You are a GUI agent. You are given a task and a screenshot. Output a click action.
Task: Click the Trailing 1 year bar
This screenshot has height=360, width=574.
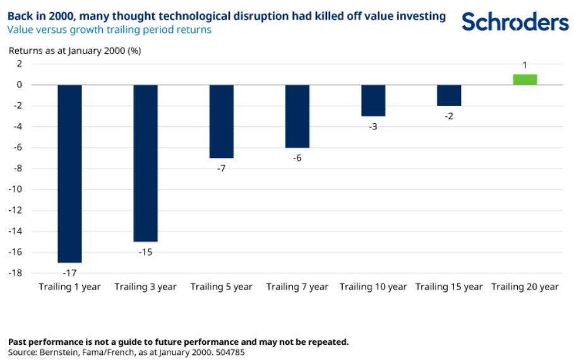click(69, 174)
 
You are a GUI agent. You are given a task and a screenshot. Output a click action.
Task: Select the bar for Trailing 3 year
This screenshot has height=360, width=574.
click(145, 163)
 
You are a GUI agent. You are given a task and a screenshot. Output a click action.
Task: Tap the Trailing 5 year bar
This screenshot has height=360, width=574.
click(222, 121)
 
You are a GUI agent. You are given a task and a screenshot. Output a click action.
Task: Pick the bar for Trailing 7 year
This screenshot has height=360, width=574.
click(297, 116)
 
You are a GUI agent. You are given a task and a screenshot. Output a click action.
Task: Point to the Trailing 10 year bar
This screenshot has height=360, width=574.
click(373, 100)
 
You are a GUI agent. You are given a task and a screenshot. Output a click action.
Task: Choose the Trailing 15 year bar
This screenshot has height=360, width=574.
click(449, 95)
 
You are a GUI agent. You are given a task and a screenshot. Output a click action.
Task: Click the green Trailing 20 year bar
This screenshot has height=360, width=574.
click(525, 80)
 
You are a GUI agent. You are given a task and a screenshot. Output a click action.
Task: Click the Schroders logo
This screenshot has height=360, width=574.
click(515, 22)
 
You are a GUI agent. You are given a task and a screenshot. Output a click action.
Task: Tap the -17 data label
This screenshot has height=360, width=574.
click(69, 272)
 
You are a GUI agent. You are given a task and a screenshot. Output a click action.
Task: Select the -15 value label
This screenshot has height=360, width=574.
click(145, 251)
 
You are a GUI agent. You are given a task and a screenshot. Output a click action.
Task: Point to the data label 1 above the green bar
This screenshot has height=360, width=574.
click(525, 65)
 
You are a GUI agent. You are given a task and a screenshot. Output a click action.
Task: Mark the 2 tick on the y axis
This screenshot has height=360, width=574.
click(20, 64)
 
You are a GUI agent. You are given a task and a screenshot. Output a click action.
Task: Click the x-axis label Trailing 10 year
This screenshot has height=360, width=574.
click(373, 287)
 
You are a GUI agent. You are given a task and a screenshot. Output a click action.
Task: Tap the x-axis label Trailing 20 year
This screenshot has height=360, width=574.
click(525, 287)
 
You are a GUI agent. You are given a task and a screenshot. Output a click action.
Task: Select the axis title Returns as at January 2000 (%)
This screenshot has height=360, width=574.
click(74, 50)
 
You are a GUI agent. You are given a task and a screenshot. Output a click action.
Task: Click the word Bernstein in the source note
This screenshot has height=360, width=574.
click(61, 352)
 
